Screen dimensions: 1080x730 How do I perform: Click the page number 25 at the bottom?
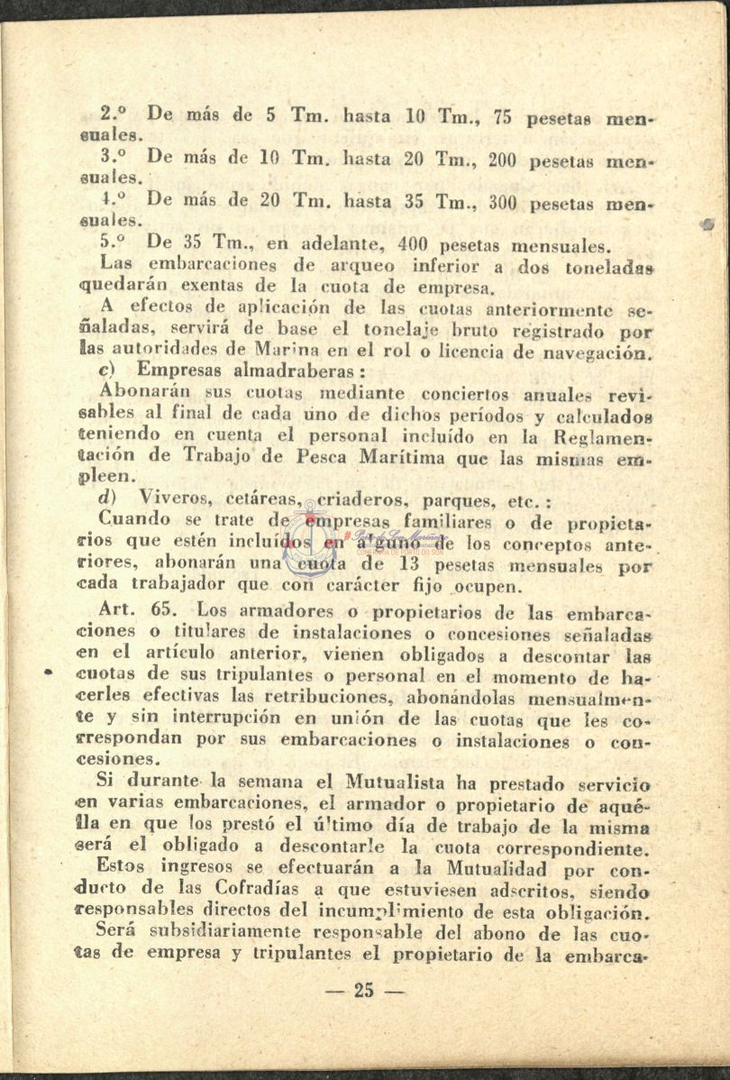coord(363,992)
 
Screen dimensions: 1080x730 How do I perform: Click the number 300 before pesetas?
coord(506,202)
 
